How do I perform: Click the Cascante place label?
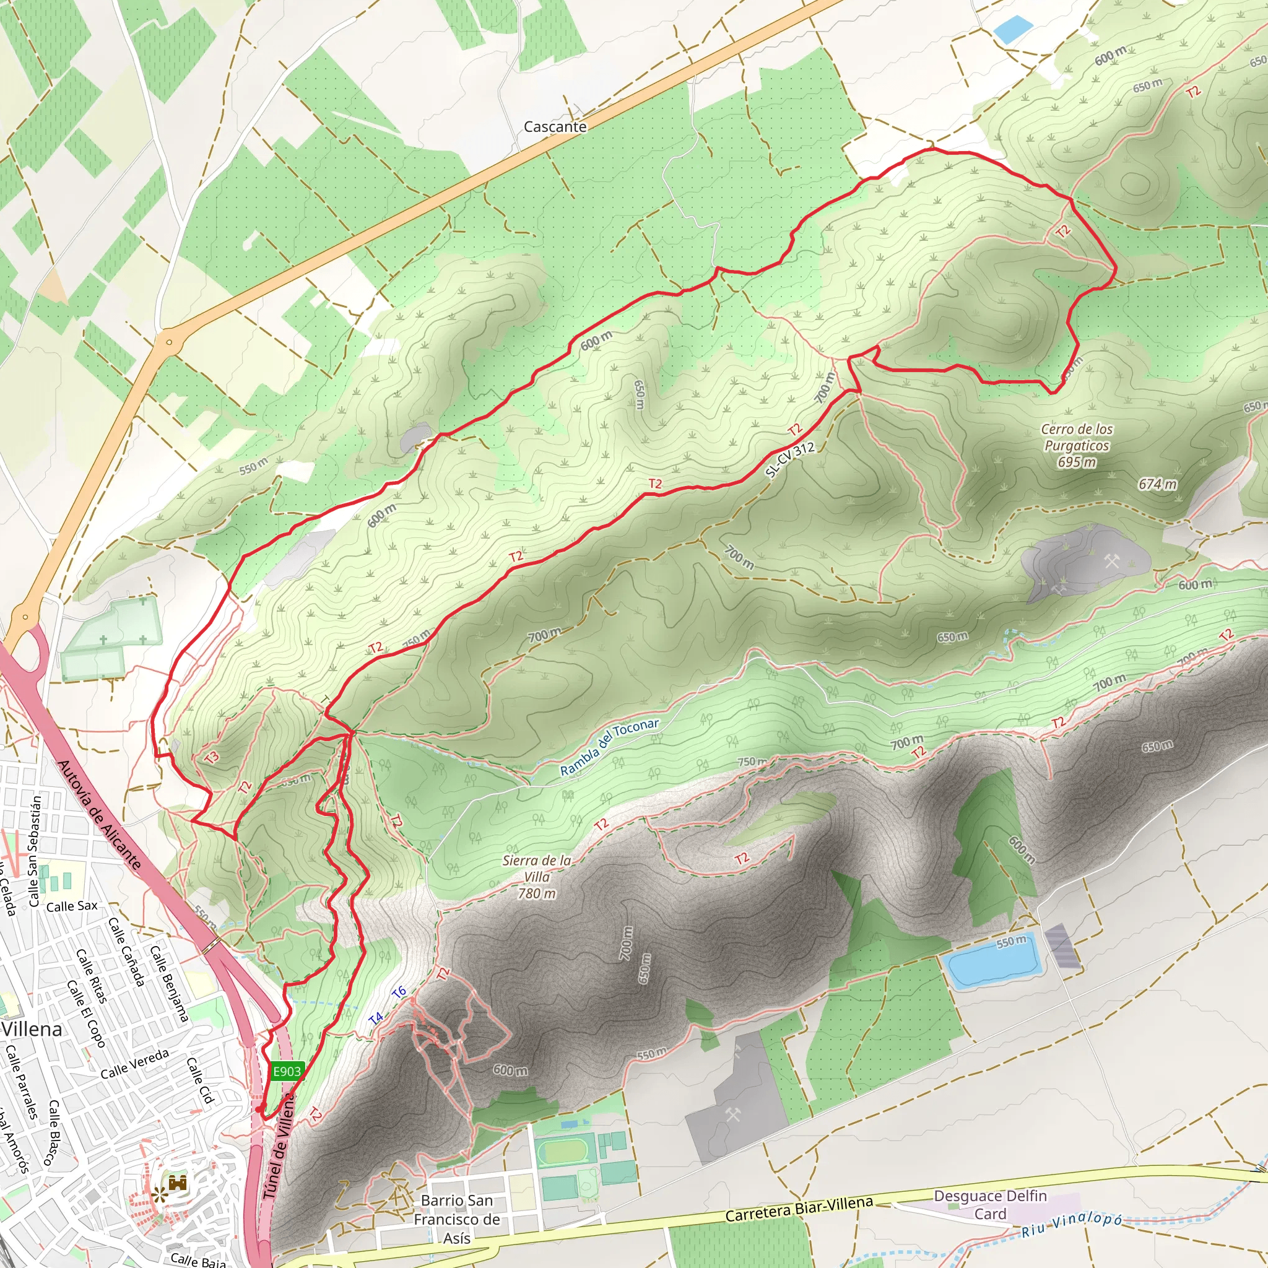[x=555, y=127]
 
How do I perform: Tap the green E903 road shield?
[x=287, y=1071]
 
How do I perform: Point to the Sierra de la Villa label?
[x=537, y=876]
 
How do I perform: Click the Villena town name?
[x=32, y=1029]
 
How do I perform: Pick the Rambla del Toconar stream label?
[x=609, y=747]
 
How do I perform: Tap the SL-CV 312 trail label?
[x=790, y=459]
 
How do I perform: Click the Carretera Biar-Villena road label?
[x=799, y=1209]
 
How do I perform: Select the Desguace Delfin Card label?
[x=990, y=1204]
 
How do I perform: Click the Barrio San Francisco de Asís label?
[x=457, y=1218]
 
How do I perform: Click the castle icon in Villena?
[x=178, y=1183]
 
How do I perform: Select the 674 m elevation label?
[x=1158, y=484]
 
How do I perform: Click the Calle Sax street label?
[x=72, y=906]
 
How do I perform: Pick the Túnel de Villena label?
[x=279, y=1146]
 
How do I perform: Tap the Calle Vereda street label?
[x=134, y=1063]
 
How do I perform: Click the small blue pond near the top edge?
[x=1013, y=28]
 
